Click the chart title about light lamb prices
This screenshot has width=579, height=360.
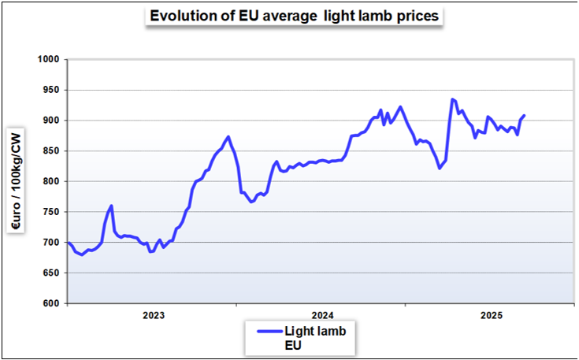click(295, 17)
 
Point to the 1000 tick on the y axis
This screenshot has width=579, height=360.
click(49, 59)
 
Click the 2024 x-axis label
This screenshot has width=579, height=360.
click(322, 316)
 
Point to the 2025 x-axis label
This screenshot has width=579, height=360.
click(492, 316)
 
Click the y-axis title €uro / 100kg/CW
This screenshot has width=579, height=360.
click(15, 181)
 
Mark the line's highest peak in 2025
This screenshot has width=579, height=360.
click(452, 99)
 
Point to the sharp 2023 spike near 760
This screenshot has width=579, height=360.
click(111, 206)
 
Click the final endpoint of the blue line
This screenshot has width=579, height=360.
click(524, 116)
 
